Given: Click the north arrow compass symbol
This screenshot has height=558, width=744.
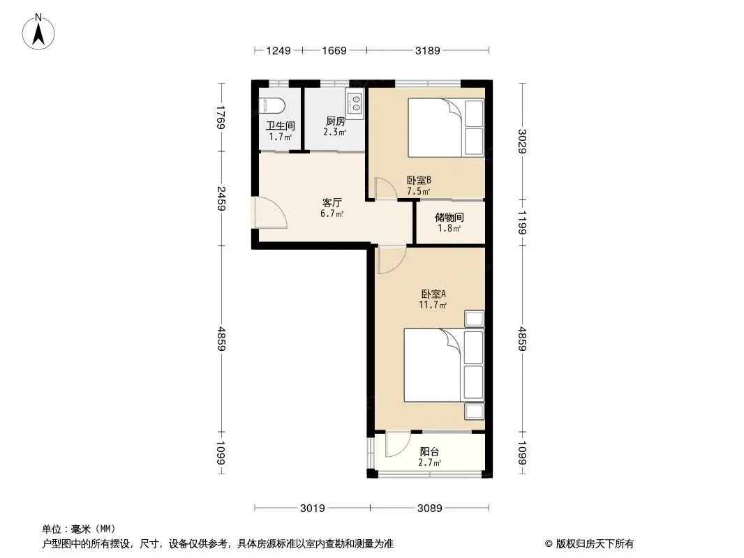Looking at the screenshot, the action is pyautogui.click(x=38, y=32).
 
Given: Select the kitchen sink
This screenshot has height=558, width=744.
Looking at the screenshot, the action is pyautogui.click(x=355, y=103).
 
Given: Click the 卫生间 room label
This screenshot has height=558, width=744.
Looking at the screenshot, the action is pyautogui.click(x=280, y=126).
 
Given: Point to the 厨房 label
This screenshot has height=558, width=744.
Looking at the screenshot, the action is pyautogui.click(x=336, y=121).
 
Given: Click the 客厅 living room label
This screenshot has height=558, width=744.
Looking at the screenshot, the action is pyautogui.click(x=332, y=202).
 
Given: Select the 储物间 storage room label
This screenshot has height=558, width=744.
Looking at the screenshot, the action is pyautogui.click(x=449, y=217).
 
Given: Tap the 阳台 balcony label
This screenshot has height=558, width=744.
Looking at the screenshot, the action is pyautogui.click(x=429, y=452).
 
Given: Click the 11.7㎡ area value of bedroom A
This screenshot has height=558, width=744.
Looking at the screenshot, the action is pyautogui.click(x=432, y=305).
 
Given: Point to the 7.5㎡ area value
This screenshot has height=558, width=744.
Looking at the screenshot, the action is pyautogui.click(x=419, y=191).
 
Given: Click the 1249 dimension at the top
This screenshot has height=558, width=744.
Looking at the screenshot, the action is pyautogui.click(x=278, y=50).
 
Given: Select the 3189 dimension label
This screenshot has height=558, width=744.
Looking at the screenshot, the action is pyautogui.click(x=428, y=50).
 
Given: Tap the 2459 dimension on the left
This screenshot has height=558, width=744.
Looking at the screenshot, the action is pyautogui.click(x=221, y=198).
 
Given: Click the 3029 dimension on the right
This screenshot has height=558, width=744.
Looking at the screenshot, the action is pyautogui.click(x=522, y=142).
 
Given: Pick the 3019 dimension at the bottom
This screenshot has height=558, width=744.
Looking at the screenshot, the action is pyautogui.click(x=312, y=508).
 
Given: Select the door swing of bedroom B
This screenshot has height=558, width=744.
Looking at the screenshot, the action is pyautogui.click(x=385, y=188).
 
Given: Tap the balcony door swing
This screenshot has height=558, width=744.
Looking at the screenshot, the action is pyautogui.click(x=398, y=444).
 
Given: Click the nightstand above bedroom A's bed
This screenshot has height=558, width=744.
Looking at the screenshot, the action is pyautogui.click(x=474, y=319).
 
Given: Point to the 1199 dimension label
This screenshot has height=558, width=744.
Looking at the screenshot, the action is pyautogui.click(x=522, y=223).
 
